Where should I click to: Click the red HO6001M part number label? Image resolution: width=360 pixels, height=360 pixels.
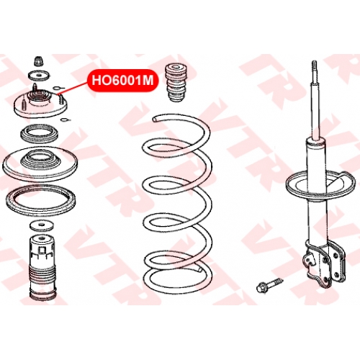pos(122,81)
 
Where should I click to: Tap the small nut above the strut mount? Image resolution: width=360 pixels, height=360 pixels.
pos(39,61)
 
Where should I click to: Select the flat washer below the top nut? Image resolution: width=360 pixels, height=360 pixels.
pos(38,76)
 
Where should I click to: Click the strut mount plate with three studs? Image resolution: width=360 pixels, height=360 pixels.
pos(40,105)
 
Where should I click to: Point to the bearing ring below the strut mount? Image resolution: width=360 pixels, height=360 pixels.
pos(40,133)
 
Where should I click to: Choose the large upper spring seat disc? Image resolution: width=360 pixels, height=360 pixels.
pos(40,164)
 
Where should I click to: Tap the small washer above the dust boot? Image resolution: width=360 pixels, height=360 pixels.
pos(42,226)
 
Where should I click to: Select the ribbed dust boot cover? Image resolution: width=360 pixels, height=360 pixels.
pos(42,268)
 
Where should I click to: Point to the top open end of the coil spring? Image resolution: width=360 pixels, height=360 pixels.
pos(156,118)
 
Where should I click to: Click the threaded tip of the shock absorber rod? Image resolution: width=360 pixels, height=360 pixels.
pos(315,67)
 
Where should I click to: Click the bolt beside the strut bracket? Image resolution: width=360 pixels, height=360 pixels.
pos(270,284)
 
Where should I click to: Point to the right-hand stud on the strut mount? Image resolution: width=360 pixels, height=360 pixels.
pos(62,99)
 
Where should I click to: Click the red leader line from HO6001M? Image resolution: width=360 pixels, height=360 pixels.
pos(73,87)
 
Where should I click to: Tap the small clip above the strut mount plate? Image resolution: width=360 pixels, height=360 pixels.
pos(56,87)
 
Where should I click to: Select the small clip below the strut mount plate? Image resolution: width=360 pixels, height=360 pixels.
pos(65,120)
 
